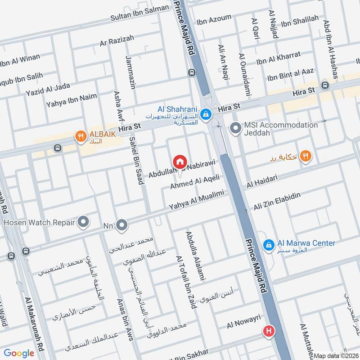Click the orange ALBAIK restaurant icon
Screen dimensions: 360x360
click(81, 135)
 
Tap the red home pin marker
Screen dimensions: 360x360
click(180, 161)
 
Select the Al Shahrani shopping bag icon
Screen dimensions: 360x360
click(206, 113)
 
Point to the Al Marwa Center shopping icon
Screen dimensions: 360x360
click(269, 244)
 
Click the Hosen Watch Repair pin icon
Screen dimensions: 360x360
click(83, 221)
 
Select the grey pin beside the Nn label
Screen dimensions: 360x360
click(121, 225)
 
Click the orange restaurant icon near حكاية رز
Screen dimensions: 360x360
click(306, 156)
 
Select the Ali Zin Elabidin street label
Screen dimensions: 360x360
click(277, 201)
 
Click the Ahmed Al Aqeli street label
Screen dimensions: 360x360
click(195, 182)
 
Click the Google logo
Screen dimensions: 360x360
click(19, 353)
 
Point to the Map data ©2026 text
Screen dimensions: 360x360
click(336, 355)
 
